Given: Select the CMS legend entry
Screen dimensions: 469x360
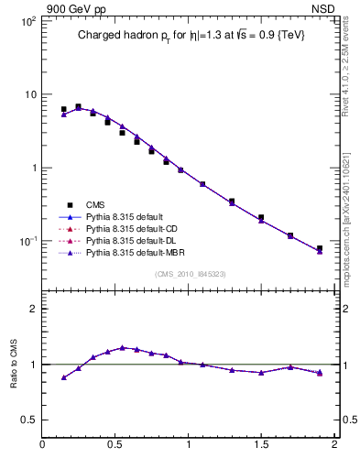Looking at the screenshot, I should (96, 205).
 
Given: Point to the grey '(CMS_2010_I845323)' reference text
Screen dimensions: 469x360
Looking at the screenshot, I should (189, 273).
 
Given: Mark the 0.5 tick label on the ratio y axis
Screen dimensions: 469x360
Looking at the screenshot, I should (27, 420).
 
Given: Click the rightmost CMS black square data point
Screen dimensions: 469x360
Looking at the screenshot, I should (320, 248).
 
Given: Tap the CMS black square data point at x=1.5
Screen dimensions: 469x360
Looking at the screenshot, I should (261, 217).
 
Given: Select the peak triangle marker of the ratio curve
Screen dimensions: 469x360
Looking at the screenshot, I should (122, 347).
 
